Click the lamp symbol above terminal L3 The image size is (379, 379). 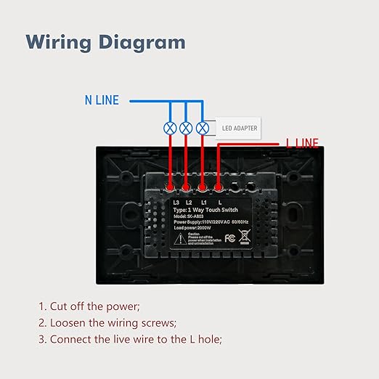pos(170,128)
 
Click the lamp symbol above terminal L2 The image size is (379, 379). pos(187,128)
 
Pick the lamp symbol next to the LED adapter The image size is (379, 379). pos(203,128)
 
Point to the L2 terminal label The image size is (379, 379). pos(189,201)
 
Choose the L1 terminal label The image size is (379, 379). pos(204,201)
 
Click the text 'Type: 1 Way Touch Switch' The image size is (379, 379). pos(205,208)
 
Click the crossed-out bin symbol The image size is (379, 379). pos(244,237)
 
